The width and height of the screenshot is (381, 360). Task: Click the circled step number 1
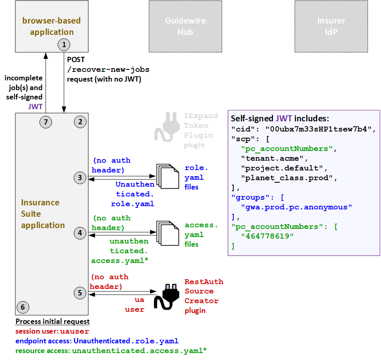point(64,44)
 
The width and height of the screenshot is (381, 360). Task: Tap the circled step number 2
point(80,121)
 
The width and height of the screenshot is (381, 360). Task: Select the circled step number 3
point(80,177)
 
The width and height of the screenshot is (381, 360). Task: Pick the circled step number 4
point(80,233)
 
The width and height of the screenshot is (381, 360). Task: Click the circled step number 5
point(80,293)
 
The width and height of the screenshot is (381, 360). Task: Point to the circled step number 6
point(23,307)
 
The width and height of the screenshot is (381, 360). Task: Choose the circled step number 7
point(46,121)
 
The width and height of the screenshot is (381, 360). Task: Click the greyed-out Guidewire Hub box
point(185,26)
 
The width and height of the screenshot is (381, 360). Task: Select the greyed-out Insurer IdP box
point(331,26)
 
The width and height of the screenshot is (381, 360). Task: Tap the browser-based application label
point(51,26)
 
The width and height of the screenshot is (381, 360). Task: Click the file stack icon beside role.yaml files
point(168,175)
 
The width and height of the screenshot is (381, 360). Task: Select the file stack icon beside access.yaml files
point(168,232)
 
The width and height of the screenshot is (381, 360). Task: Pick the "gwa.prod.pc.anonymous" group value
point(296,207)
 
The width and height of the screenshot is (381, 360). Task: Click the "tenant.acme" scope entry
point(274,158)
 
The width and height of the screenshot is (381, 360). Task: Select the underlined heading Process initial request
point(52,321)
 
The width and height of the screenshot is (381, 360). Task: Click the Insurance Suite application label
point(43,214)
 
